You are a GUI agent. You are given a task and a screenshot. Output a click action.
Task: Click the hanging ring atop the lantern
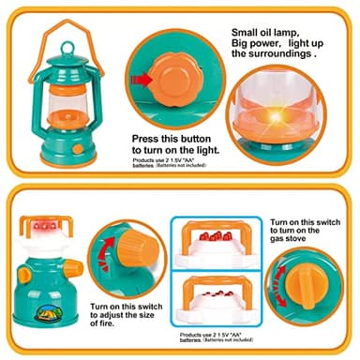tap(64, 22)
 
